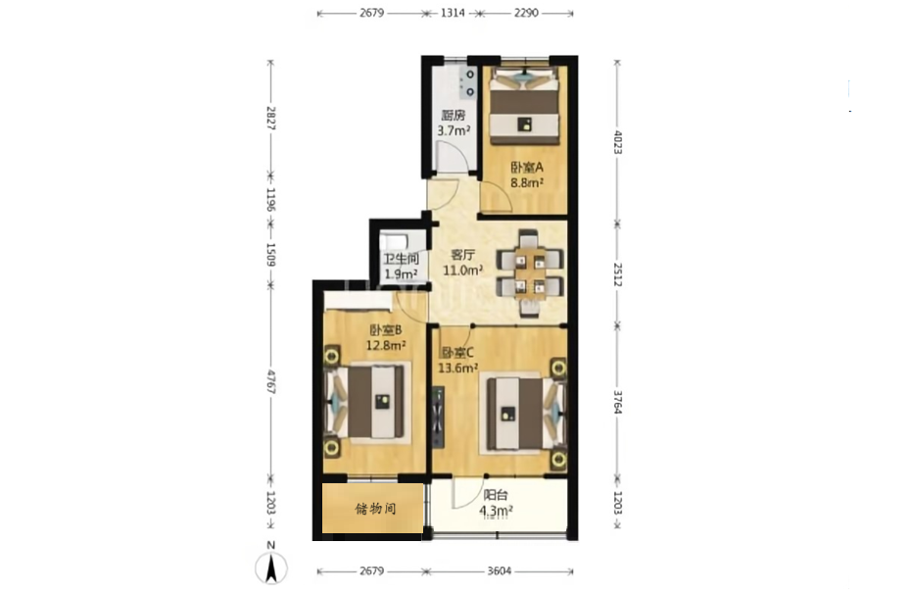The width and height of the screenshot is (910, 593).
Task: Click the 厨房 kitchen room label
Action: pyautogui.click(x=454, y=116)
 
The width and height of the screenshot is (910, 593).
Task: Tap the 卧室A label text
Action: pyautogui.click(x=527, y=168)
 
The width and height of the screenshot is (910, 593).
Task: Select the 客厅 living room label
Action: pyautogui.click(x=463, y=255)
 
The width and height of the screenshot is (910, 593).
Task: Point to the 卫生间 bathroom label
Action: pyautogui.click(x=401, y=260)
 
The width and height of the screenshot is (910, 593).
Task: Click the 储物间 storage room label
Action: pyautogui.click(x=375, y=510)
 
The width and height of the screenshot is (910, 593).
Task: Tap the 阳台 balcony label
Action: pyautogui.click(x=496, y=495)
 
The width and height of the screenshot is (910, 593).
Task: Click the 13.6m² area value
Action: pyautogui.click(x=457, y=368)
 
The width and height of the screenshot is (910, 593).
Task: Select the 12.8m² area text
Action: pyautogui.click(x=385, y=346)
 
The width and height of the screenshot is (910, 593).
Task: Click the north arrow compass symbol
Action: pyautogui.click(x=271, y=567)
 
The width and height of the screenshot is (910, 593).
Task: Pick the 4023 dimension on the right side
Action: pyautogui.click(x=617, y=142)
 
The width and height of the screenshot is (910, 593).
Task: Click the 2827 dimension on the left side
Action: pyautogui.click(x=270, y=118)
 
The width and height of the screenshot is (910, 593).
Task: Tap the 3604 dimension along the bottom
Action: pyautogui.click(x=500, y=570)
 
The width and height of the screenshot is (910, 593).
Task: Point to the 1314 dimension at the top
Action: pyautogui.click(x=453, y=13)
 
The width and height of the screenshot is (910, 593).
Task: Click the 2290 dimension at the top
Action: pyautogui.click(x=526, y=13)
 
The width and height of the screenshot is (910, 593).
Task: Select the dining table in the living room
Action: pyautogui.click(x=530, y=273)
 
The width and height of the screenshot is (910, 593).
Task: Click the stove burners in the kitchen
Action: pyautogui.click(x=468, y=83)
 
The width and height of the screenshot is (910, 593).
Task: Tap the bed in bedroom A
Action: pyautogui.click(x=525, y=105)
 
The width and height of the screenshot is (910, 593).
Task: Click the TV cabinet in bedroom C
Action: pyautogui.click(x=438, y=417)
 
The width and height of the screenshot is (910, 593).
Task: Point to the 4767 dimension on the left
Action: pyautogui.click(x=270, y=381)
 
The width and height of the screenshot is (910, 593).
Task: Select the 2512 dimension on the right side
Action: pyautogui.click(x=617, y=274)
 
